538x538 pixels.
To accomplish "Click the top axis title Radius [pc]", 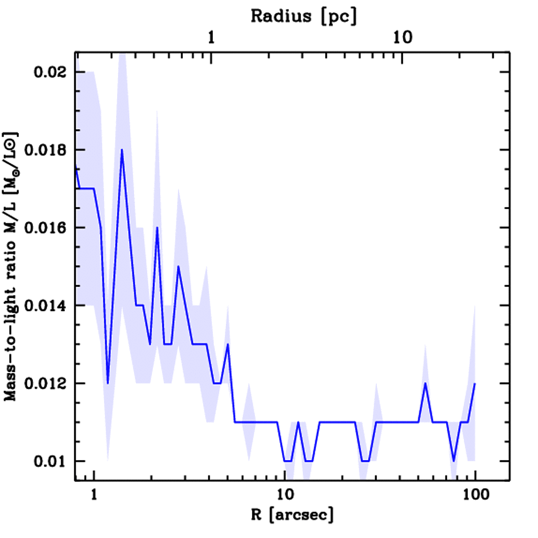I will pyautogui.click(x=304, y=17).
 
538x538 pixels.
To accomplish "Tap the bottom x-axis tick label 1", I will pyautogui.click(x=94, y=495).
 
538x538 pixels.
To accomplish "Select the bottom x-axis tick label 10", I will pyautogui.click(x=284, y=495).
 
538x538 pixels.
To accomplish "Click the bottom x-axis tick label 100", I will pyautogui.click(x=475, y=495).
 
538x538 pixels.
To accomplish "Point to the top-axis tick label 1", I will pyautogui.click(x=211, y=38).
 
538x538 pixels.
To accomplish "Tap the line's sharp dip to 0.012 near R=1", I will pyautogui.click(x=108, y=383).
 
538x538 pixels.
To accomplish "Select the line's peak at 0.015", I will pyautogui.click(x=179, y=266).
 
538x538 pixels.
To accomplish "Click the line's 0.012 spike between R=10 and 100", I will pyautogui.click(x=426, y=383).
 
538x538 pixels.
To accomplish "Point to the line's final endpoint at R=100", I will pyautogui.click(x=475, y=383).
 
